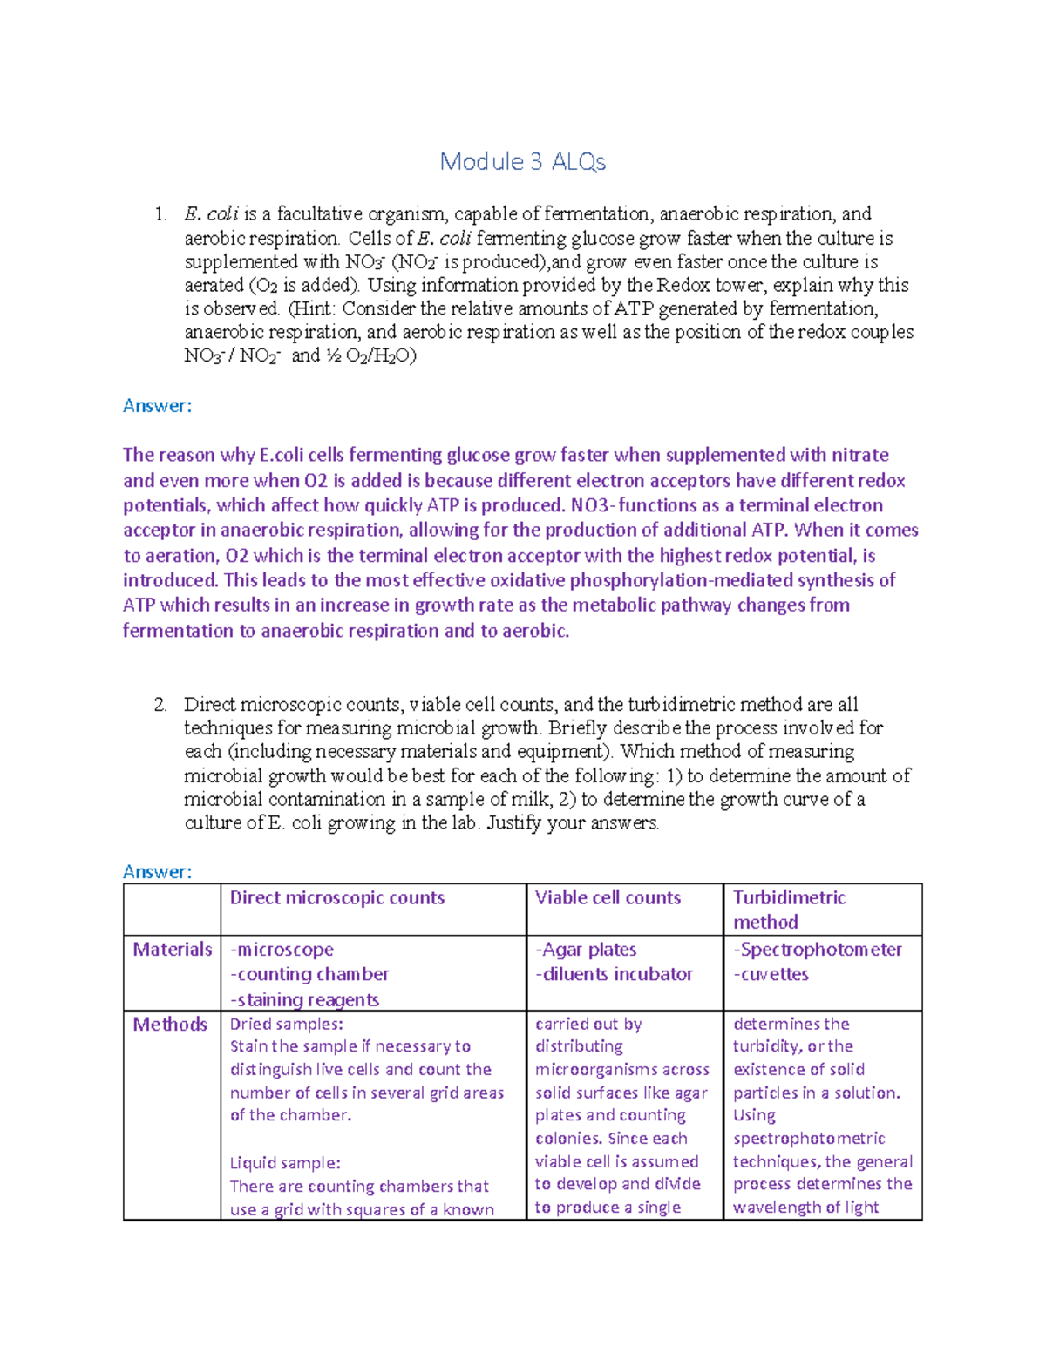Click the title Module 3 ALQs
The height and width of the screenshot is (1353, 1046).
coord(522,162)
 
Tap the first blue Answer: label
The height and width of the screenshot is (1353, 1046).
coord(157,406)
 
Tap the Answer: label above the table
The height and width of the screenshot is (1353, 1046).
coord(157,872)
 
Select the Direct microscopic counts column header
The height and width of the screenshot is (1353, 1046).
coord(337,898)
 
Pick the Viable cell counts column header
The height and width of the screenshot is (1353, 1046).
coord(608,898)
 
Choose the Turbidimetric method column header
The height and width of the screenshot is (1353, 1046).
coord(789,910)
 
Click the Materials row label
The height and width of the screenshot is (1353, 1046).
coord(173,950)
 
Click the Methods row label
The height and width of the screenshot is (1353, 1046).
coord(170,1025)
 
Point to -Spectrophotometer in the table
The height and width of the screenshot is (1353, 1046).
coord(818,950)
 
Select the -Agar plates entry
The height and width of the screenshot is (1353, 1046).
coord(586,950)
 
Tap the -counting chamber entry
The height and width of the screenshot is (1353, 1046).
coord(309,974)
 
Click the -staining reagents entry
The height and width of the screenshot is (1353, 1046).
coord(304,1000)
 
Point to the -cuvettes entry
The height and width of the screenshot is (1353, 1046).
coord(771,974)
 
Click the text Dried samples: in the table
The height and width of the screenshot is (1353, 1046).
coord(287,1025)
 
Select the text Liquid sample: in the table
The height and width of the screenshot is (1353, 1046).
coord(285,1163)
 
